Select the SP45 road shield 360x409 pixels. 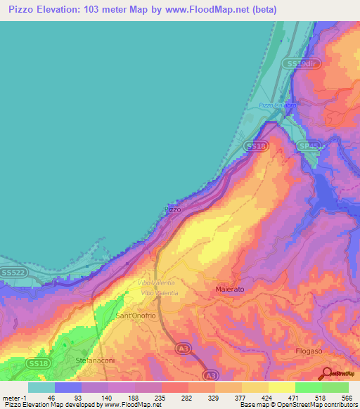click(x=307, y=145)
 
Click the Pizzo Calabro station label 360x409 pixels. click(x=276, y=105)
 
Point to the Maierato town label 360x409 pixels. click(x=229, y=289)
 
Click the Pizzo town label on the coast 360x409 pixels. click(x=172, y=209)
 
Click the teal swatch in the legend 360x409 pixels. click(x=41, y=387)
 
